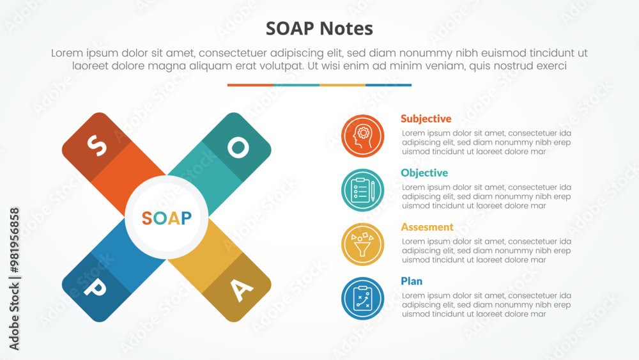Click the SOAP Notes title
(x=319, y=29)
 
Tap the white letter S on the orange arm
(x=96, y=146)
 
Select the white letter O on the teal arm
(x=238, y=148)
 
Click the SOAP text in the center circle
(x=166, y=218)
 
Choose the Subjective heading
(x=426, y=119)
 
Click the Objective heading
(x=424, y=173)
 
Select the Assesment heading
(x=427, y=227)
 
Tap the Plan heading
(x=412, y=281)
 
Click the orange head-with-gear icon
(x=362, y=136)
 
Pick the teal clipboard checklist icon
(x=362, y=190)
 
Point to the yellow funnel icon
(x=362, y=244)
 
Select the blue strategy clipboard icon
(x=362, y=298)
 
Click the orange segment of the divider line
(x=250, y=85)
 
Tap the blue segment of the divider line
(x=389, y=85)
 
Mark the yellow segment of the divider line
(x=343, y=85)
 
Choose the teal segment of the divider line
(x=296, y=85)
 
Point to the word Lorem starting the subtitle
(x=68, y=54)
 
